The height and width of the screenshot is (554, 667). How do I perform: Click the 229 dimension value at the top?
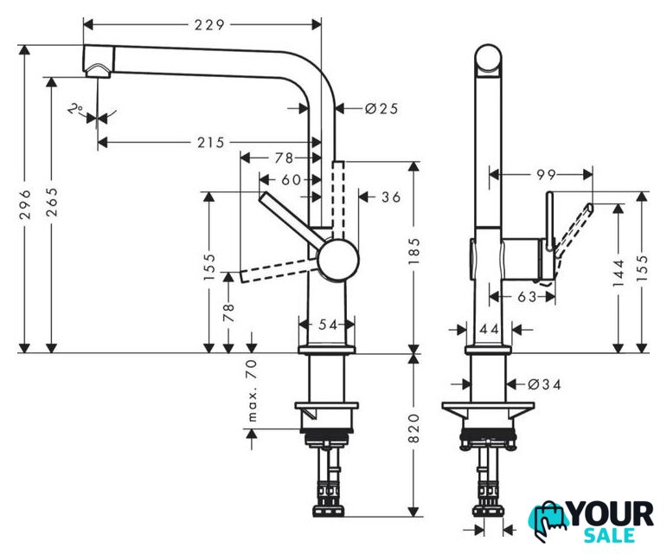tap(209, 25)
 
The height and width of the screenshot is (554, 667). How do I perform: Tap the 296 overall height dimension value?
tap(26, 204)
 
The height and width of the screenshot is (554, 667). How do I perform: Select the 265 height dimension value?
tap(52, 202)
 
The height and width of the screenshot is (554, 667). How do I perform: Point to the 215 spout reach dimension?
tap(210, 142)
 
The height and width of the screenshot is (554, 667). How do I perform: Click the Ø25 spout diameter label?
tap(382, 108)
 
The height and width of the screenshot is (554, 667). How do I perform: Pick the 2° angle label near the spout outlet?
tap(75, 109)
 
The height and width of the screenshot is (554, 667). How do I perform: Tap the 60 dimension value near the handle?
tap(291, 179)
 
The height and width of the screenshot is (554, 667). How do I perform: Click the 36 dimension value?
tap(391, 196)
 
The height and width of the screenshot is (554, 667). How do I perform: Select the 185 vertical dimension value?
tap(414, 251)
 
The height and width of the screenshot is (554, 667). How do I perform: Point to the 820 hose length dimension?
tap(414, 428)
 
